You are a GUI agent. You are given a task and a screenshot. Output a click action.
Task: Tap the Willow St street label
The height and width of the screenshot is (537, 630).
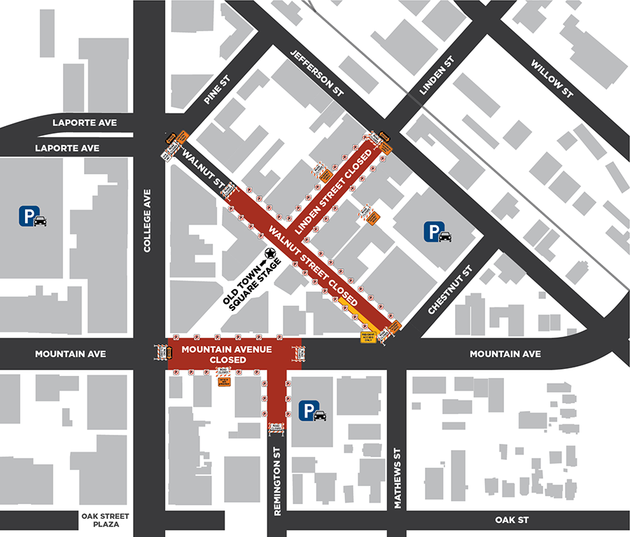[x=552, y=78]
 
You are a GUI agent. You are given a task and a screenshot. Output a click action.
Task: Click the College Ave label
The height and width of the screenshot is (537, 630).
[x=148, y=221]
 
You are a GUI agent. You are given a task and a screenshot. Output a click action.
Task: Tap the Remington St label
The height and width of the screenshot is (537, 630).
[x=278, y=483]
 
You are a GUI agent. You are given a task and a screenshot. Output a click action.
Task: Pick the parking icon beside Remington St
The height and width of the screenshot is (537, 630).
[x=313, y=411]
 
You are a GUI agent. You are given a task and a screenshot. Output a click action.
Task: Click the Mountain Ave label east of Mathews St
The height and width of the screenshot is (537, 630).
[x=505, y=354]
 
